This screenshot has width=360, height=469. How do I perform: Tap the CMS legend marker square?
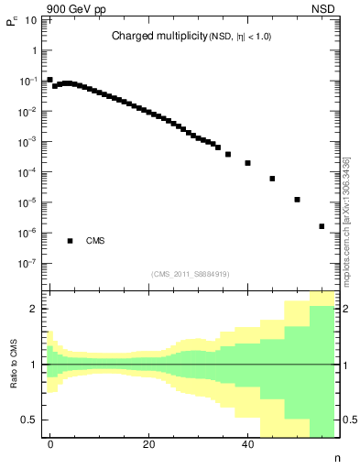[x=70, y=241]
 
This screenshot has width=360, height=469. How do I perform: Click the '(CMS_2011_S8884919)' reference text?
[x=191, y=273]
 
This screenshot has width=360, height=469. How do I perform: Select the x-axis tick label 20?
[x=148, y=444]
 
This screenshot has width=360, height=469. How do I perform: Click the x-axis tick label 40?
[x=247, y=444]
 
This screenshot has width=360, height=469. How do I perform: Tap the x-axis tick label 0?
[x=50, y=444]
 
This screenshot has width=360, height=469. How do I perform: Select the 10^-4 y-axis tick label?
[x=27, y=172]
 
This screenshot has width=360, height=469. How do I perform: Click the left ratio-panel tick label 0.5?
[x=30, y=420]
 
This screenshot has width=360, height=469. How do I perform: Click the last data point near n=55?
[x=322, y=226]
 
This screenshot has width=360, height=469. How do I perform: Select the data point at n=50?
[x=297, y=200]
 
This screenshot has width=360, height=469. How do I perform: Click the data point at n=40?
[x=247, y=163]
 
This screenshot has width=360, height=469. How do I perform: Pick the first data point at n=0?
[x=50, y=80]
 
